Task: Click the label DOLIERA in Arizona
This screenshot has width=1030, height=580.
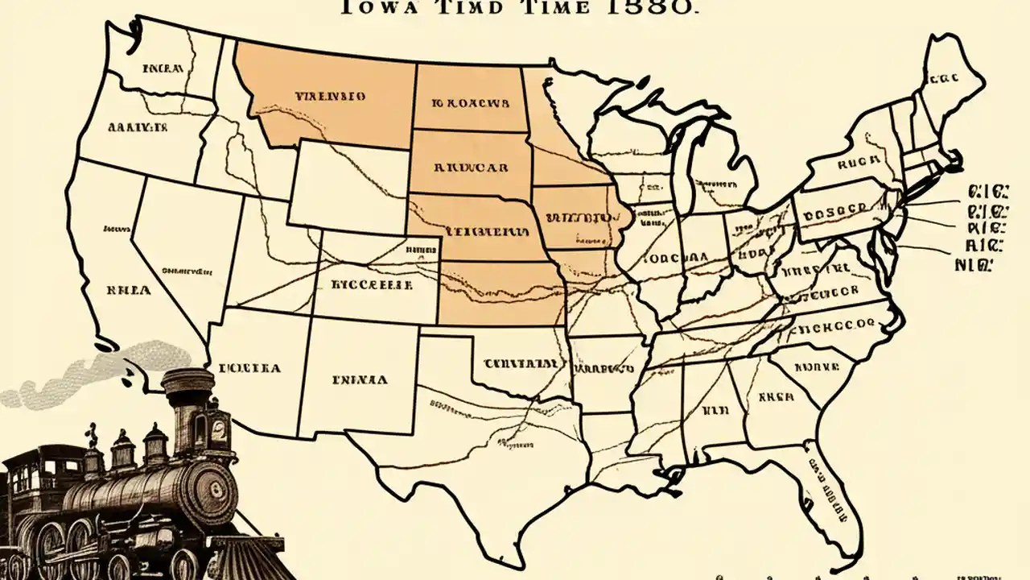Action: tap(249, 369)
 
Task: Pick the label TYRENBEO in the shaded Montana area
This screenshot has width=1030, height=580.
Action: tap(331, 96)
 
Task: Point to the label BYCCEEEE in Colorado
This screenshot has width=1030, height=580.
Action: tap(373, 285)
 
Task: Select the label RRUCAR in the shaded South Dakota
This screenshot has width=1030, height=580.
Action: tap(471, 169)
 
